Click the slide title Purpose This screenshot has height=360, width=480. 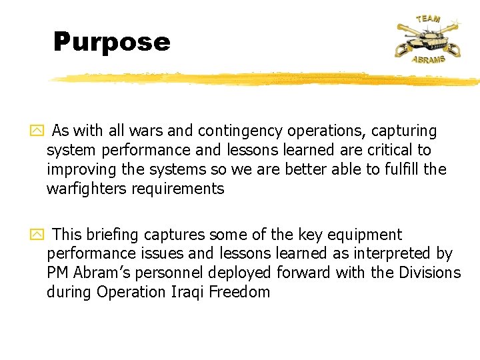tap(112, 42)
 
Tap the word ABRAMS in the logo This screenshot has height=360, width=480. tap(428, 59)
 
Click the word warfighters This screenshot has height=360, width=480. tap(86, 189)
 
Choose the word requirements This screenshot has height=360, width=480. tap(178, 189)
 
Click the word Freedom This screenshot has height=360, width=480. tap(240, 292)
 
